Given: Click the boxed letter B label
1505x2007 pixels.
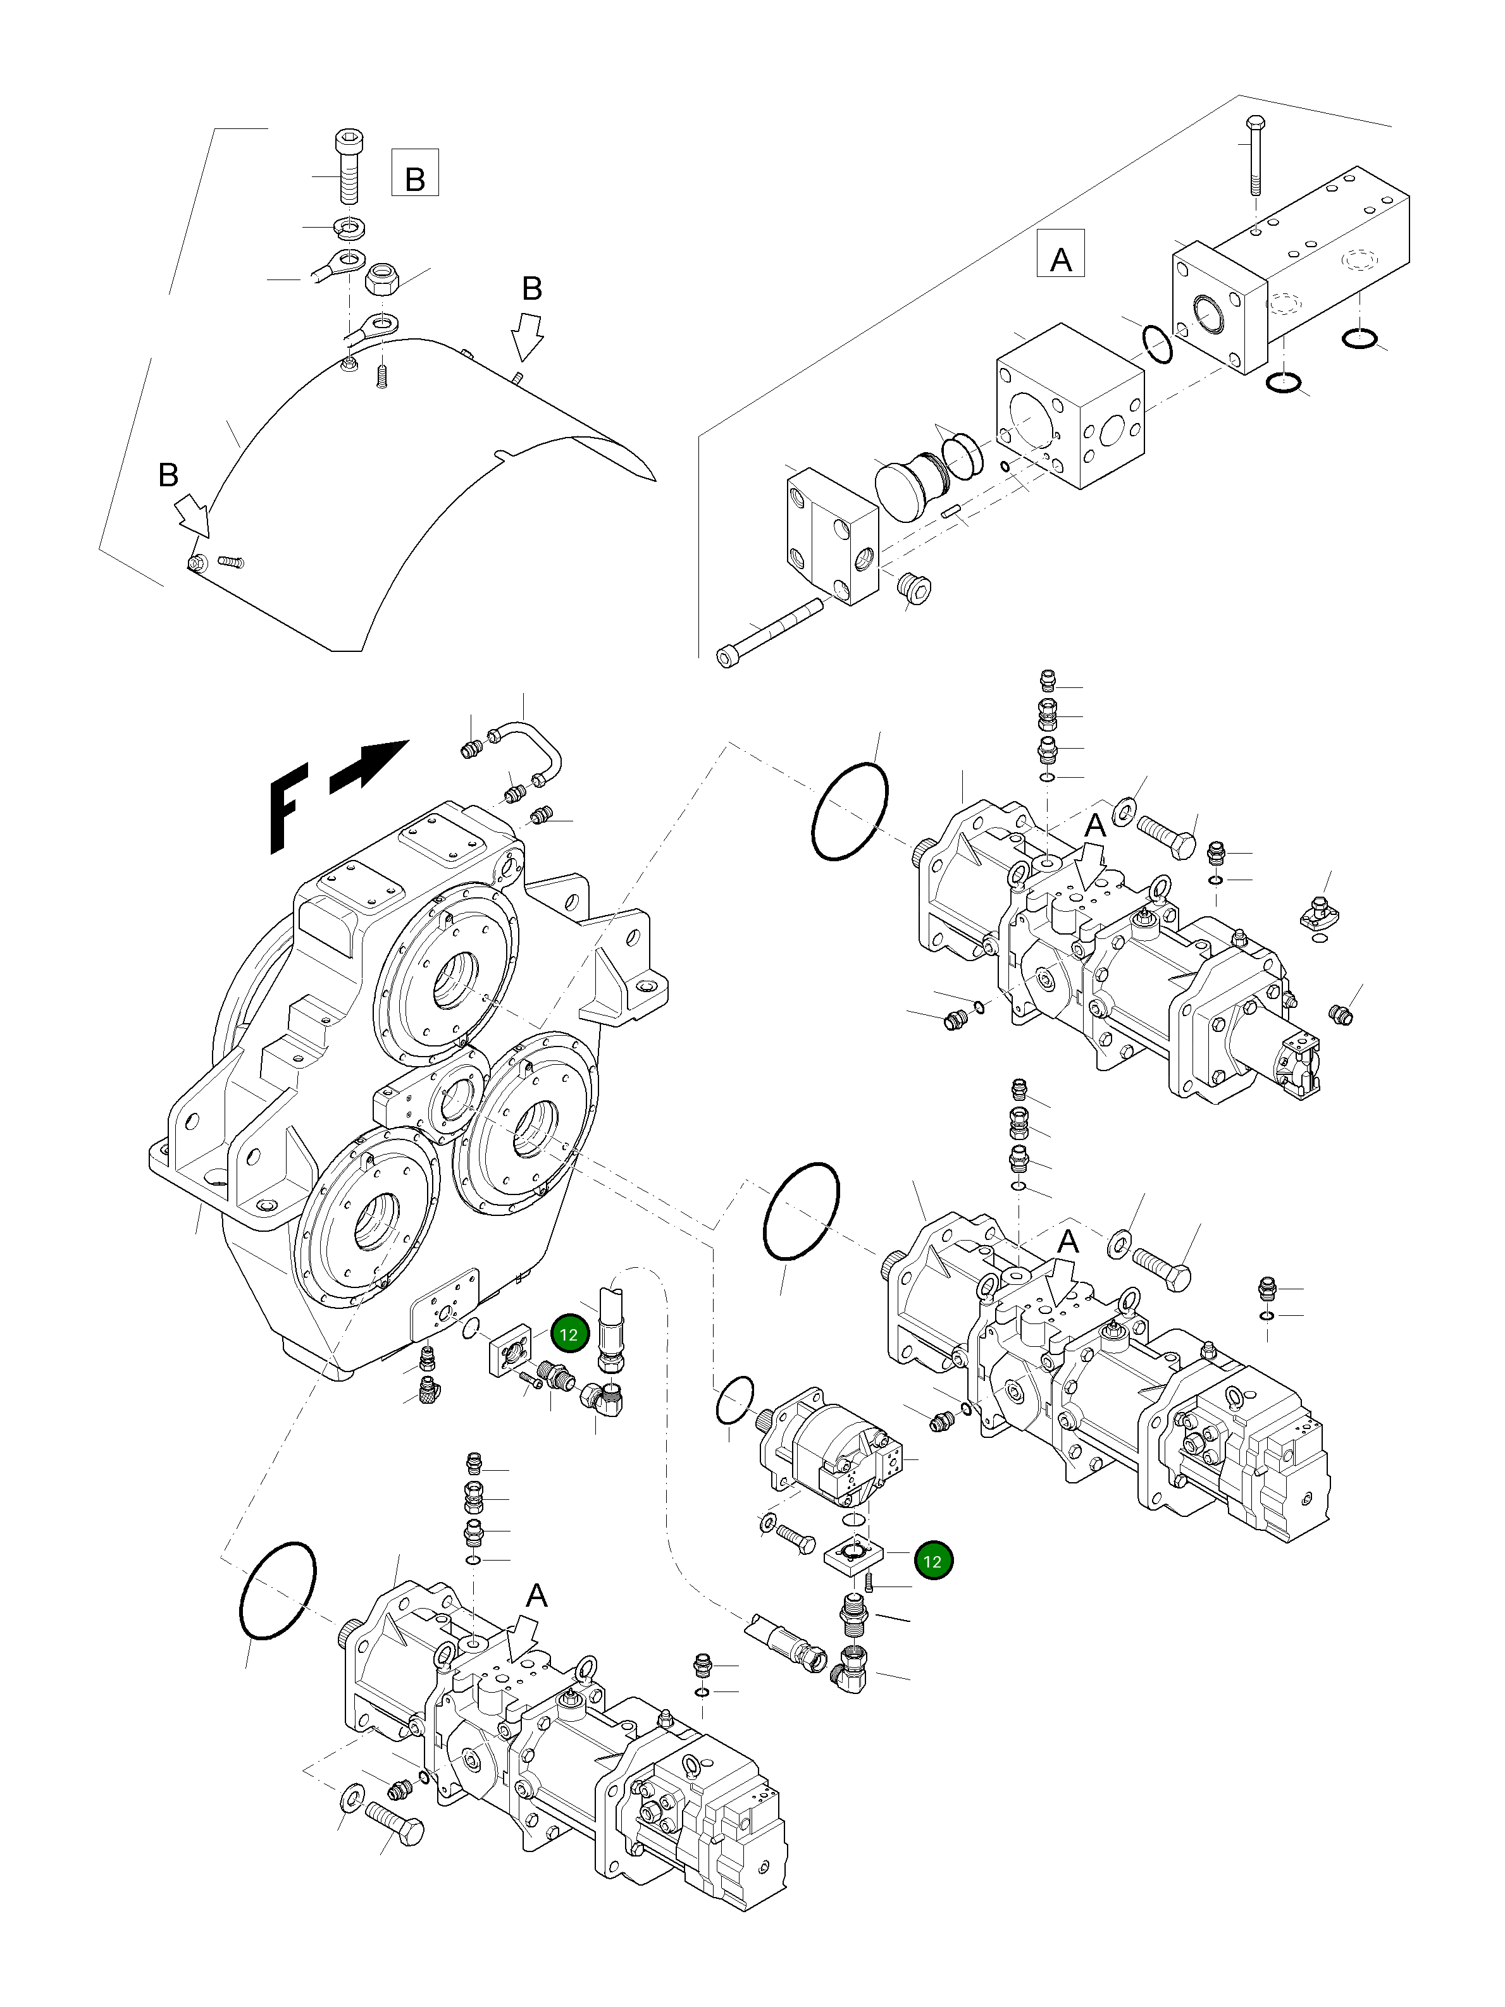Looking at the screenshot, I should click(415, 173).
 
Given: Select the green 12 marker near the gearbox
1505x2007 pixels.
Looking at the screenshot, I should click(569, 1335).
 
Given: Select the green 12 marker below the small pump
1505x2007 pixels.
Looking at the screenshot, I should click(933, 1561).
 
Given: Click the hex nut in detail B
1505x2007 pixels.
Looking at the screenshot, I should click(378, 279).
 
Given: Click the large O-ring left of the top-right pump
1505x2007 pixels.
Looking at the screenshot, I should click(850, 810).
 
